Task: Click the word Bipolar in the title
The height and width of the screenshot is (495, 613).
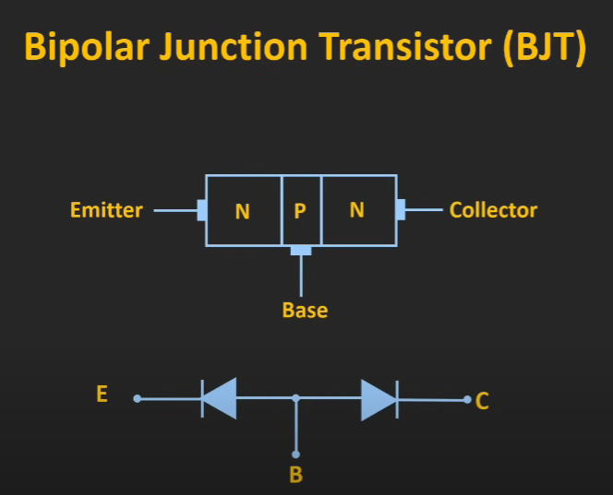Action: point(87,47)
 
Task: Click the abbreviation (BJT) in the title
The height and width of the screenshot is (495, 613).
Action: point(545,47)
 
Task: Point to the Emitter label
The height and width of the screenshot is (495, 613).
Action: point(106,210)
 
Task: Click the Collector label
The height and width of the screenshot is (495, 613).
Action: point(493,210)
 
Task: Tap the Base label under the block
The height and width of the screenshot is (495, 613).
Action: point(305,311)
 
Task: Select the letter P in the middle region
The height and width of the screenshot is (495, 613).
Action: point(300,211)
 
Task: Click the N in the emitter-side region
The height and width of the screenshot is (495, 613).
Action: point(243,212)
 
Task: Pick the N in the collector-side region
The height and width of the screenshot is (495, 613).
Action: point(357,210)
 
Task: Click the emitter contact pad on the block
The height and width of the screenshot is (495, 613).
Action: point(202,210)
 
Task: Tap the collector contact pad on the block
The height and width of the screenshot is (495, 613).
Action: point(401,209)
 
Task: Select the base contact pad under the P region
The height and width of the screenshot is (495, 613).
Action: point(301,251)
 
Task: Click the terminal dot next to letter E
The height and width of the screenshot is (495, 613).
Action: point(138,398)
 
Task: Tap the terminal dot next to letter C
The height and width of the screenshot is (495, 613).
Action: point(467,400)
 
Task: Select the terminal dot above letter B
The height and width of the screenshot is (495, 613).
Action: point(296,454)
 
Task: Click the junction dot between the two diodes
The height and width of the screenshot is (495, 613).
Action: point(296,398)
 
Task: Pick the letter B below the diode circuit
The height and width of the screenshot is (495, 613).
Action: point(296,475)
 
